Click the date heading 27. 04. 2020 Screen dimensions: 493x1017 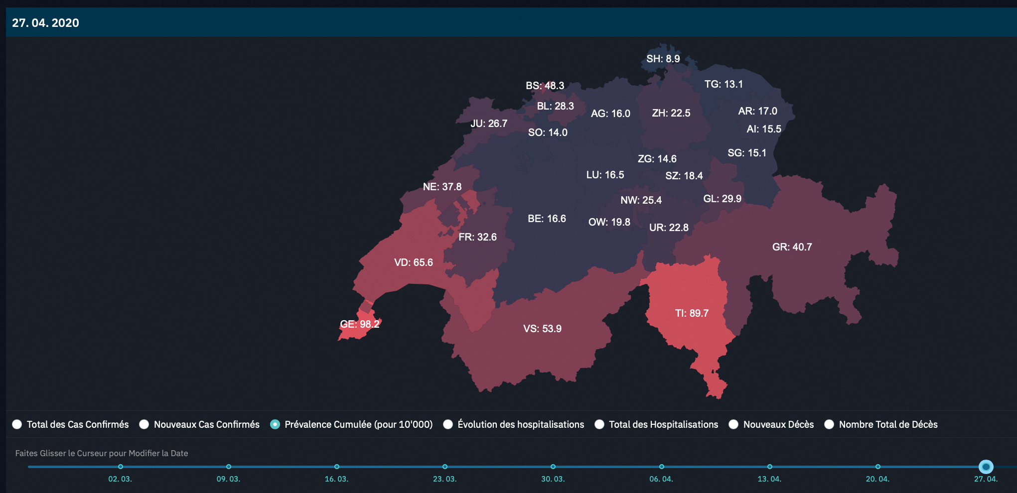click(x=45, y=23)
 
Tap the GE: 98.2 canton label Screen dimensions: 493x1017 click(x=359, y=324)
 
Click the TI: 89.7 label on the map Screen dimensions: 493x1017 click(x=692, y=313)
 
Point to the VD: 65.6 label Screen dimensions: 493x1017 click(x=413, y=262)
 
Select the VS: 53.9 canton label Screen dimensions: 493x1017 click(x=542, y=329)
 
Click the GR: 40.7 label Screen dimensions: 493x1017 click(x=792, y=247)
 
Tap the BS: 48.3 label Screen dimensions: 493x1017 click(x=545, y=86)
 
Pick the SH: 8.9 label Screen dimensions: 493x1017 click(x=663, y=59)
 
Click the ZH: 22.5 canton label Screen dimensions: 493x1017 click(x=671, y=113)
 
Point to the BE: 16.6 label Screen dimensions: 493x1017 click(x=547, y=219)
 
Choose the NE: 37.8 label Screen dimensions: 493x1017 click(x=442, y=187)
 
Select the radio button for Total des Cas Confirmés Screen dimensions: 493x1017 click(x=17, y=424)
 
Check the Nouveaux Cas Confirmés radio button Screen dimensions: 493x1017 click(x=144, y=424)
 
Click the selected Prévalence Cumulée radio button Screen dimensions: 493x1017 click(x=275, y=424)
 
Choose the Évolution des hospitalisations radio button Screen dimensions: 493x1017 click(x=448, y=424)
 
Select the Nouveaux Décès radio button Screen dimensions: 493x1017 click(x=733, y=424)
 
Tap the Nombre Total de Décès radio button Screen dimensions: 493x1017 click(x=829, y=424)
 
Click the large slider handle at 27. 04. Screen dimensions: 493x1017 click(x=986, y=467)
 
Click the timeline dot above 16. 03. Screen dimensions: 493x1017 click(x=337, y=467)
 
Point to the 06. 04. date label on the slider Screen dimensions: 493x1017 click(x=661, y=479)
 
